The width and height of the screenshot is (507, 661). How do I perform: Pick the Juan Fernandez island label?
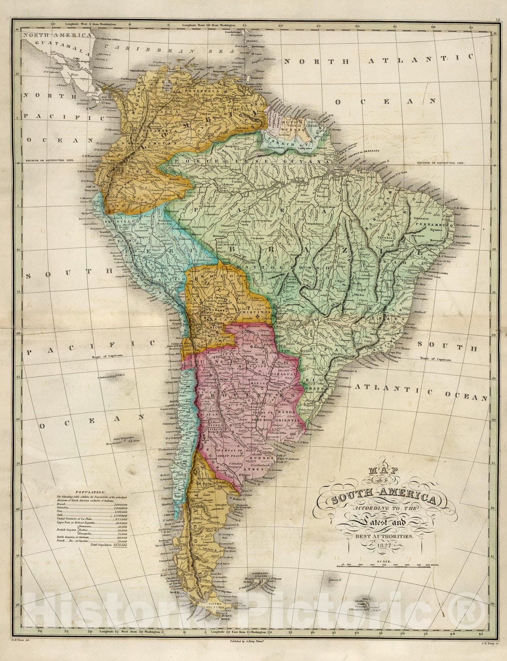(122, 437)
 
